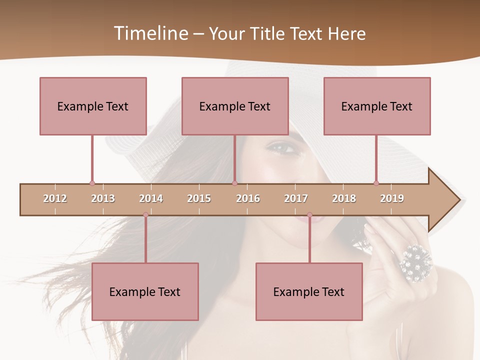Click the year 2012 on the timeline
(55, 198)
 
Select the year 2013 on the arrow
(103, 198)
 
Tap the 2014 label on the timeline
(151, 198)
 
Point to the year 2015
(199, 198)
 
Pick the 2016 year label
(248, 198)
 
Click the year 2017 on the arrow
(296, 198)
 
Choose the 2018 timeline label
(344, 198)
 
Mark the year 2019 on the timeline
(392, 198)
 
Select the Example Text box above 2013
(93, 106)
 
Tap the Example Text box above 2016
(235, 106)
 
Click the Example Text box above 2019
(377, 106)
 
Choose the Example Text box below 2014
(145, 291)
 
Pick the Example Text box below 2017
(309, 291)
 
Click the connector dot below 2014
(145, 215)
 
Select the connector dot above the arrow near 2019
(376, 183)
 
